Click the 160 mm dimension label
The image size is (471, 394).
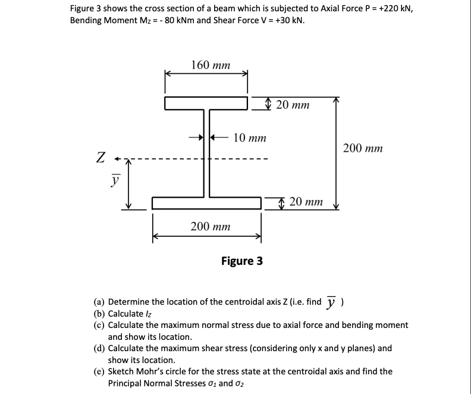pos(211,65)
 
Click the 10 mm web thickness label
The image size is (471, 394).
pos(249,138)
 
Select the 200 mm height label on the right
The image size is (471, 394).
pos(363,148)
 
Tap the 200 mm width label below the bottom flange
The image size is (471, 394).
pos(211,226)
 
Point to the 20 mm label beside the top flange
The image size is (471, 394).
pos(293,105)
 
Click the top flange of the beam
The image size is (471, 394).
pos(206,104)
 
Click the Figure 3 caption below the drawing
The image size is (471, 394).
pos(241,261)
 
